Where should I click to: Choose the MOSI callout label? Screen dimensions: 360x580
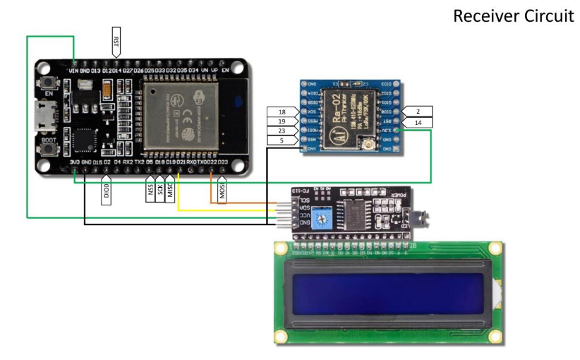point(222,191)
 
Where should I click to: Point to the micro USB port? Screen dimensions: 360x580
point(47,116)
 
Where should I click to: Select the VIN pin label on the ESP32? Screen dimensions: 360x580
point(73,71)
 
